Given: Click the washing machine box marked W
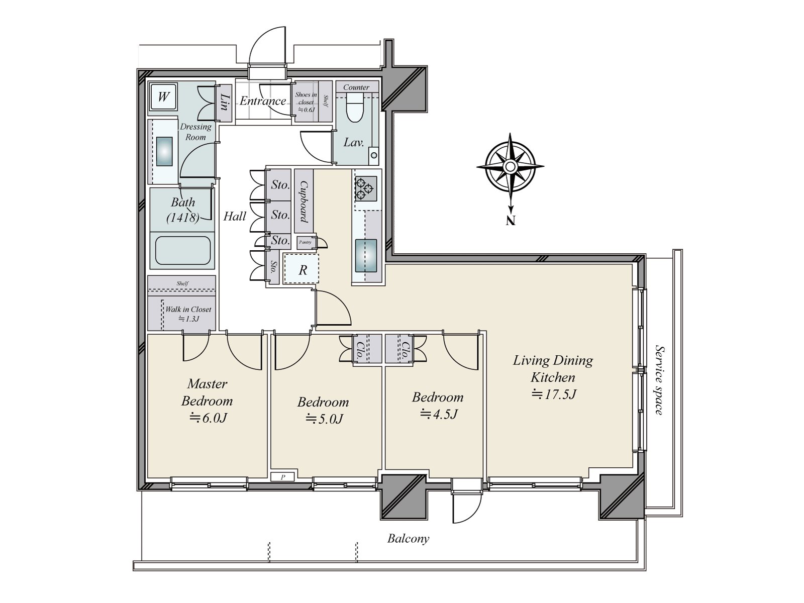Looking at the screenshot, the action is [x=163, y=96].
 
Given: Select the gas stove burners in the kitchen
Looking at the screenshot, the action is [x=365, y=188].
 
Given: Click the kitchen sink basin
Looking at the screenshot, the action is [x=366, y=256].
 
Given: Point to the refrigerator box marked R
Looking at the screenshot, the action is [x=302, y=269].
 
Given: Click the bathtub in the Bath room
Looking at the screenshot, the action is [x=183, y=250].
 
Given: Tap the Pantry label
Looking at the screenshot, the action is [x=305, y=242].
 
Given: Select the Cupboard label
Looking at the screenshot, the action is [x=304, y=202].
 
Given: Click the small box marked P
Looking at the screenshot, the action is [x=283, y=477].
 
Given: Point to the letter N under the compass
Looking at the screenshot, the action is [x=511, y=221].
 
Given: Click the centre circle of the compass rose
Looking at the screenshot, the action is [x=510, y=167].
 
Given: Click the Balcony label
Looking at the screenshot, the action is [x=408, y=539].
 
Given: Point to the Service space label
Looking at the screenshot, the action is [x=659, y=380].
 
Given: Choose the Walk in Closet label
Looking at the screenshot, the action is [x=188, y=310].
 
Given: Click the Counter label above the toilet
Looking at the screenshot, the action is [x=356, y=87].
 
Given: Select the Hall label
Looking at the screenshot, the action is [x=235, y=217].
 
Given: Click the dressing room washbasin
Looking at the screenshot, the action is [x=164, y=152].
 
